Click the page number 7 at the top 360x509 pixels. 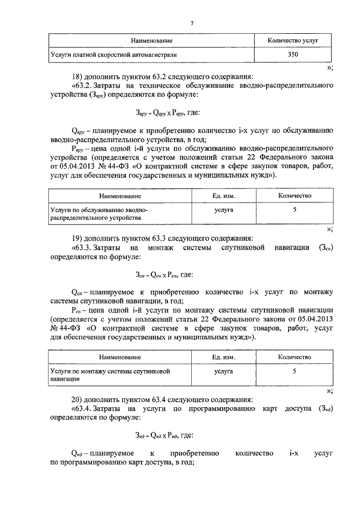[191, 23]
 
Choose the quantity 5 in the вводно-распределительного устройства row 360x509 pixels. [294, 209]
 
